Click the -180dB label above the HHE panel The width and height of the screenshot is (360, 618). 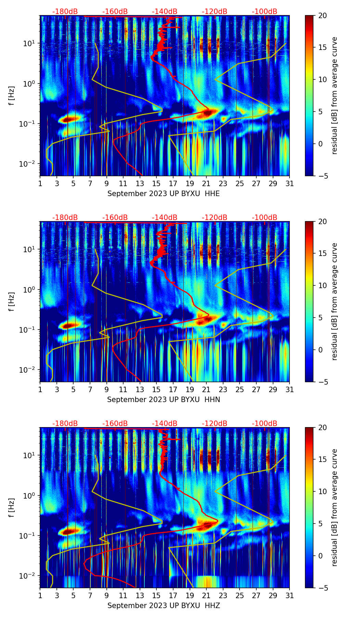(65, 12)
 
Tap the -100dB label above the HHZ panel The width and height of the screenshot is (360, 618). (265, 424)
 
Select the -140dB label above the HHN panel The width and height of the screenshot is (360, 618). (165, 218)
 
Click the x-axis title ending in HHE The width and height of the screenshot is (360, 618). (164, 194)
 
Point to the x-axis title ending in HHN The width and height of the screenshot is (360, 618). (164, 400)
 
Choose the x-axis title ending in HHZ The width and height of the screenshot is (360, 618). (164, 606)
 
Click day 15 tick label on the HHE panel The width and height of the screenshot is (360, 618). (156, 184)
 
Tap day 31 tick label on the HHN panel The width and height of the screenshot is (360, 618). (290, 390)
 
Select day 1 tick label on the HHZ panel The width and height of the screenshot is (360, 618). (40, 596)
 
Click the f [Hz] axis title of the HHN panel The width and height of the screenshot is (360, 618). (12, 301)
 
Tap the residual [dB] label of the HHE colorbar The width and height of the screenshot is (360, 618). (334, 95)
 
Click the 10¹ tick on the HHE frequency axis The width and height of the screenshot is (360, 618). (32, 43)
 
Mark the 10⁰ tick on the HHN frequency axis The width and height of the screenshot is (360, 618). (32, 290)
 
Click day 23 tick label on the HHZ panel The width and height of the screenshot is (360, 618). (223, 596)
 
